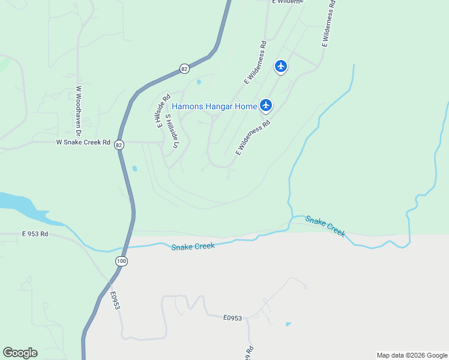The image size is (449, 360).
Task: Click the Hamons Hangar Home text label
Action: coord(214,106)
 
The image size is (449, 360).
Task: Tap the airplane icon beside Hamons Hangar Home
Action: coord(266,106)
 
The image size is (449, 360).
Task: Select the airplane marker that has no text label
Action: coord(281,66)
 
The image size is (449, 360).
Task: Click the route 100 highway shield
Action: coord(122,261)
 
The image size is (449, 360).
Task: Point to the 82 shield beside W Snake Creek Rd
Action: coord(119,145)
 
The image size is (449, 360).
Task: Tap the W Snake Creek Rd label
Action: coord(83,143)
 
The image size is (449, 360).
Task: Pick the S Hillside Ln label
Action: coord(172,128)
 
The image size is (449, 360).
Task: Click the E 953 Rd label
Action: coord(34,234)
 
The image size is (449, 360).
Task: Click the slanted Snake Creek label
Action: coord(325,226)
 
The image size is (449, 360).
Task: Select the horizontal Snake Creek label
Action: coord(193,247)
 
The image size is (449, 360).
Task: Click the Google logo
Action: coord(20,353)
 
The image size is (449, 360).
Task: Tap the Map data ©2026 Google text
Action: coord(412,355)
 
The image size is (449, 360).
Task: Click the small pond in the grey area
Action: coord(289,324)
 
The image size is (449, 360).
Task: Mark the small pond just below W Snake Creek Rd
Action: coord(134,169)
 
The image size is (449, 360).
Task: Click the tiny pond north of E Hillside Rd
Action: coord(198,82)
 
